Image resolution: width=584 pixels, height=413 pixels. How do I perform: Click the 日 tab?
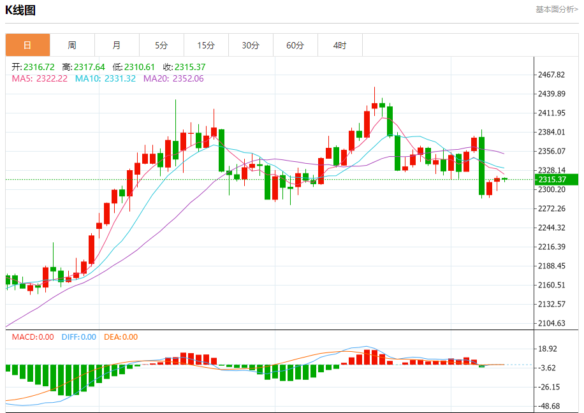[x=27, y=45]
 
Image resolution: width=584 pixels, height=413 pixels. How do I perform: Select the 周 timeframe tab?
[x=72, y=45]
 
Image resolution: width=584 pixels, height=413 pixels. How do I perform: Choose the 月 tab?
[x=117, y=45]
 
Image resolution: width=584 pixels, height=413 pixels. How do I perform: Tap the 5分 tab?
[x=161, y=45]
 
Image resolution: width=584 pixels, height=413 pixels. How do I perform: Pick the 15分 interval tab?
[x=206, y=45]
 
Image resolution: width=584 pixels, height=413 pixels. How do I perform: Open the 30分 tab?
[x=251, y=45]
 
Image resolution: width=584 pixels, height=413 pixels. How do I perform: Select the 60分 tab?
[x=295, y=45]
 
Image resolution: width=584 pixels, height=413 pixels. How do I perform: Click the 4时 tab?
[x=340, y=45]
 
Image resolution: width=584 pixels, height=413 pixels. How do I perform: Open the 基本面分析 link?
[x=557, y=10]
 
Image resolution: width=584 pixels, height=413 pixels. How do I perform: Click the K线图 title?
[x=21, y=10]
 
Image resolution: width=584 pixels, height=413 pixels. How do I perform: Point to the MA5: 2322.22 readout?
[x=40, y=78]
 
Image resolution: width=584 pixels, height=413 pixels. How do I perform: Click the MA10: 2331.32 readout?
[x=105, y=78]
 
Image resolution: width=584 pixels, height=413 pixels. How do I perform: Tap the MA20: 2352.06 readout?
[x=173, y=78]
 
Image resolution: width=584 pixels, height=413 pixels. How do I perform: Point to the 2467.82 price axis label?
[x=551, y=75]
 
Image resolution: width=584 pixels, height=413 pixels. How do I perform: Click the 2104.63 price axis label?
[x=551, y=323]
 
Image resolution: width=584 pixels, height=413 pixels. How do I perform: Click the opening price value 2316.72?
[x=39, y=67]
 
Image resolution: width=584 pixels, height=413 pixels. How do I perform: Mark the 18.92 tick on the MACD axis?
[x=549, y=349]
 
